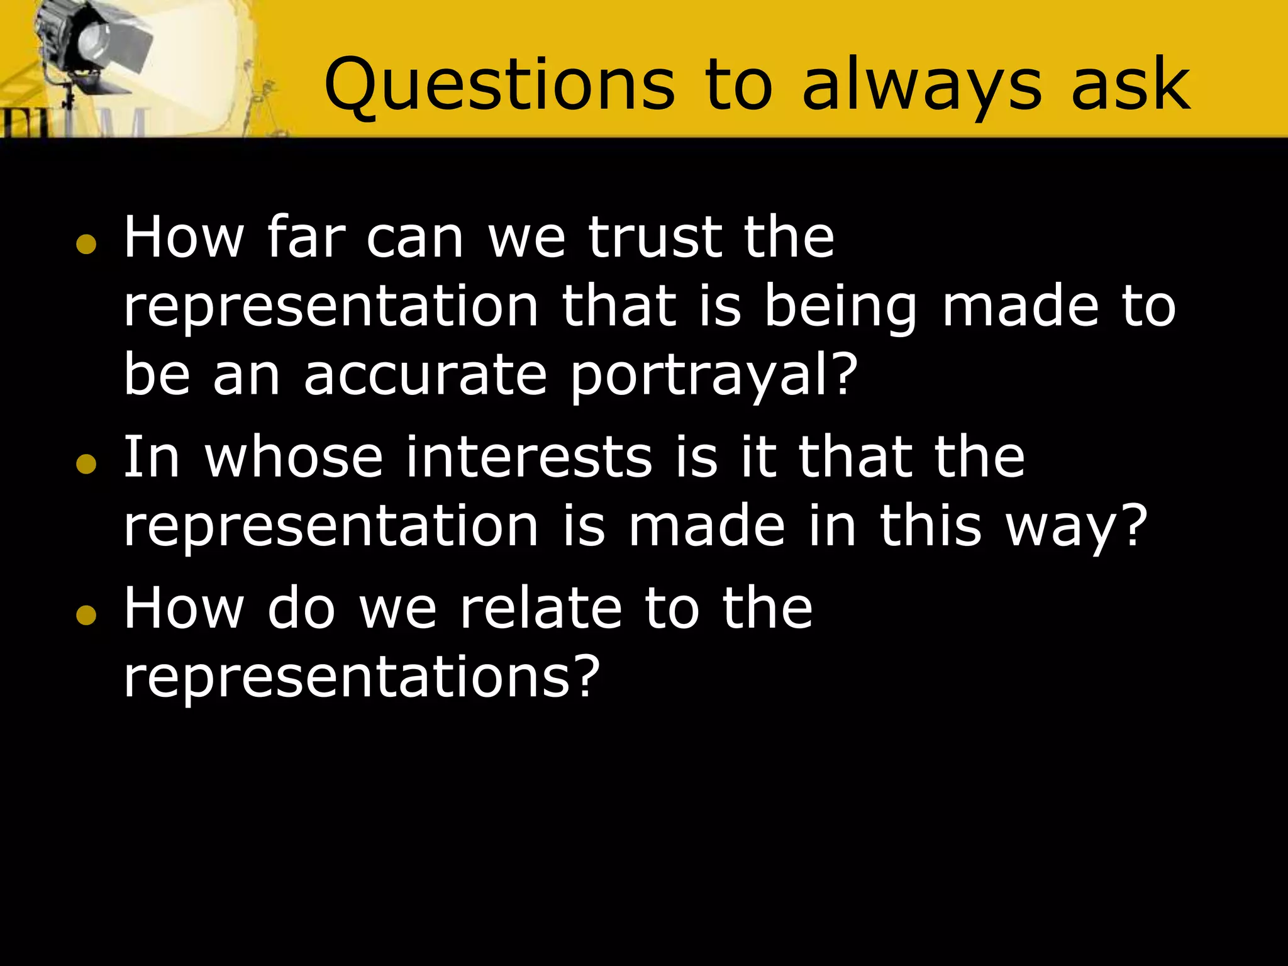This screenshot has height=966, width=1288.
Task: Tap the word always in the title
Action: pyautogui.click(x=922, y=85)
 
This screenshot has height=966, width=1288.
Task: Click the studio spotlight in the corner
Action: pyautogui.click(x=94, y=47)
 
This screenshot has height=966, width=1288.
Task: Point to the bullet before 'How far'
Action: pyautogui.click(x=86, y=244)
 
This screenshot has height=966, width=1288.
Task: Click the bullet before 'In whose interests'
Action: pyautogui.click(x=86, y=464)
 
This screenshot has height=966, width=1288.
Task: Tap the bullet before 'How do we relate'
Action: pyautogui.click(x=86, y=615)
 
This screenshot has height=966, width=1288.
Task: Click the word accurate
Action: pyautogui.click(x=425, y=375)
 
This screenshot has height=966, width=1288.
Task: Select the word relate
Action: pyautogui.click(x=541, y=608)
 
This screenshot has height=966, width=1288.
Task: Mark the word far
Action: pyautogui.click(x=306, y=238)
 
